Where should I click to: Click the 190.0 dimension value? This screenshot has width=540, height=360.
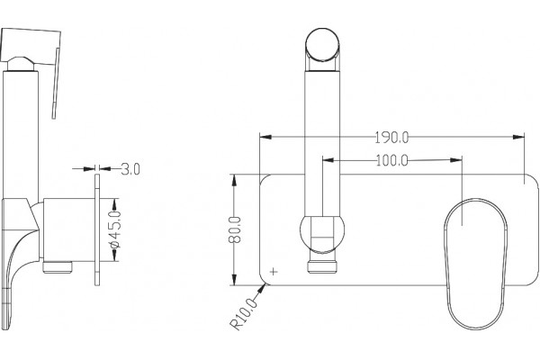[x=391, y=138]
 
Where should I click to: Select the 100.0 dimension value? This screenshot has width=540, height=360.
[x=391, y=160]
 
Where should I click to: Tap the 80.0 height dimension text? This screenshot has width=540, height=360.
[x=235, y=229]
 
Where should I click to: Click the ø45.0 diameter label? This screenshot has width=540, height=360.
[x=115, y=229]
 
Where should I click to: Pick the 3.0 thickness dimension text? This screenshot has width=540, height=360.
[x=130, y=169]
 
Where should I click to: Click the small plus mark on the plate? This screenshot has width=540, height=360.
[x=274, y=272]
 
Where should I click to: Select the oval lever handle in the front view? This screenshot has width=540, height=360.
[x=475, y=264]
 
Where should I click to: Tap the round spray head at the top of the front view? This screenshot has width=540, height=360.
[x=322, y=46]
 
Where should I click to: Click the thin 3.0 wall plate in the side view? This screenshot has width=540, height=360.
[x=97, y=229]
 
